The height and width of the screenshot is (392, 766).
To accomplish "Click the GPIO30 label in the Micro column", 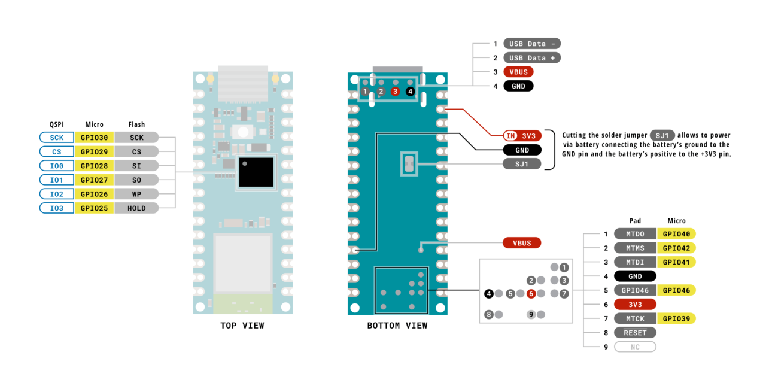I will click(x=94, y=138).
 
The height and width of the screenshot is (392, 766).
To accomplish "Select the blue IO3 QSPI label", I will click(x=57, y=208).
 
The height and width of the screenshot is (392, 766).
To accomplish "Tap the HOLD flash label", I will click(x=136, y=208).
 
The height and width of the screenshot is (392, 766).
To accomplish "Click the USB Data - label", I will click(x=531, y=44).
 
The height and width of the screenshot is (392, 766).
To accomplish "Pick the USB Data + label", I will click(x=531, y=58).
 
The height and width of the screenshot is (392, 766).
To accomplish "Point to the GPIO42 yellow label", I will click(x=676, y=248).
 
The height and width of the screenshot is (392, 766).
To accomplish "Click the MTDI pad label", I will click(x=635, y=262).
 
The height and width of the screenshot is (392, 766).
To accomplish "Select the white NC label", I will click(x=635, y=347).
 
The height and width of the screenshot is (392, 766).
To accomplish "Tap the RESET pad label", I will click(x=635, y=332).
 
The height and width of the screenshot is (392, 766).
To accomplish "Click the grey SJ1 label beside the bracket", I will click(x=521, y=164).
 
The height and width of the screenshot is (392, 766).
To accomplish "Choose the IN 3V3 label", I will click(x=522, y=135).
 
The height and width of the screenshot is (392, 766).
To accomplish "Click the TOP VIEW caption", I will click(x=242, y=326).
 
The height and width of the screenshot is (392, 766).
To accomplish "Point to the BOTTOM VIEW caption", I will click(x=397, y=326).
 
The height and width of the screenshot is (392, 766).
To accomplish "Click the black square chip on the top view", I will click(x=257, y=172).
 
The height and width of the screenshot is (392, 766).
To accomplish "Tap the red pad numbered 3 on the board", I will click(x=395, y=92).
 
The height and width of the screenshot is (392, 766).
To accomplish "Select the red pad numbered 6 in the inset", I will click(x=531, y=294).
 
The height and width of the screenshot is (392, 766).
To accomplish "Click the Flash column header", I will click(x=136, y=124).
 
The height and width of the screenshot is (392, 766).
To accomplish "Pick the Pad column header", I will click(x=635, y=221).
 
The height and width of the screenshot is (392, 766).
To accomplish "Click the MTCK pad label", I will click(x=635, y=318).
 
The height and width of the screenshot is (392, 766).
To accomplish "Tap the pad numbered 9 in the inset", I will click(x=531, y=314).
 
